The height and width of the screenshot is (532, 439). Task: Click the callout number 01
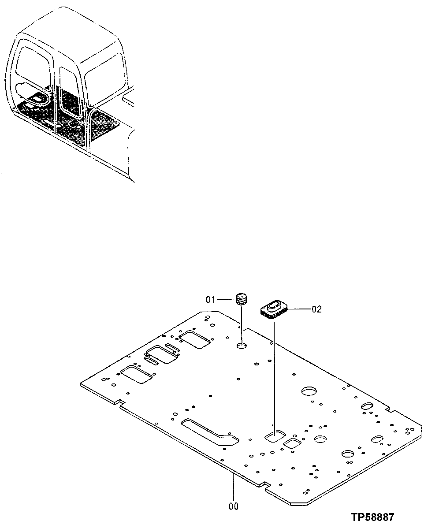210,300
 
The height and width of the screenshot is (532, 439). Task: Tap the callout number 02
317,309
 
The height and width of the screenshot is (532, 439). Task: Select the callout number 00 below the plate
233,506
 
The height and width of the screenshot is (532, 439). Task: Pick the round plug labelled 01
241,299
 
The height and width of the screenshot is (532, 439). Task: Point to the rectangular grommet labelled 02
273,309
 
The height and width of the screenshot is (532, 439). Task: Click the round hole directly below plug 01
242,346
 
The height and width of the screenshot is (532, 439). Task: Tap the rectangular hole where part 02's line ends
274,437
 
